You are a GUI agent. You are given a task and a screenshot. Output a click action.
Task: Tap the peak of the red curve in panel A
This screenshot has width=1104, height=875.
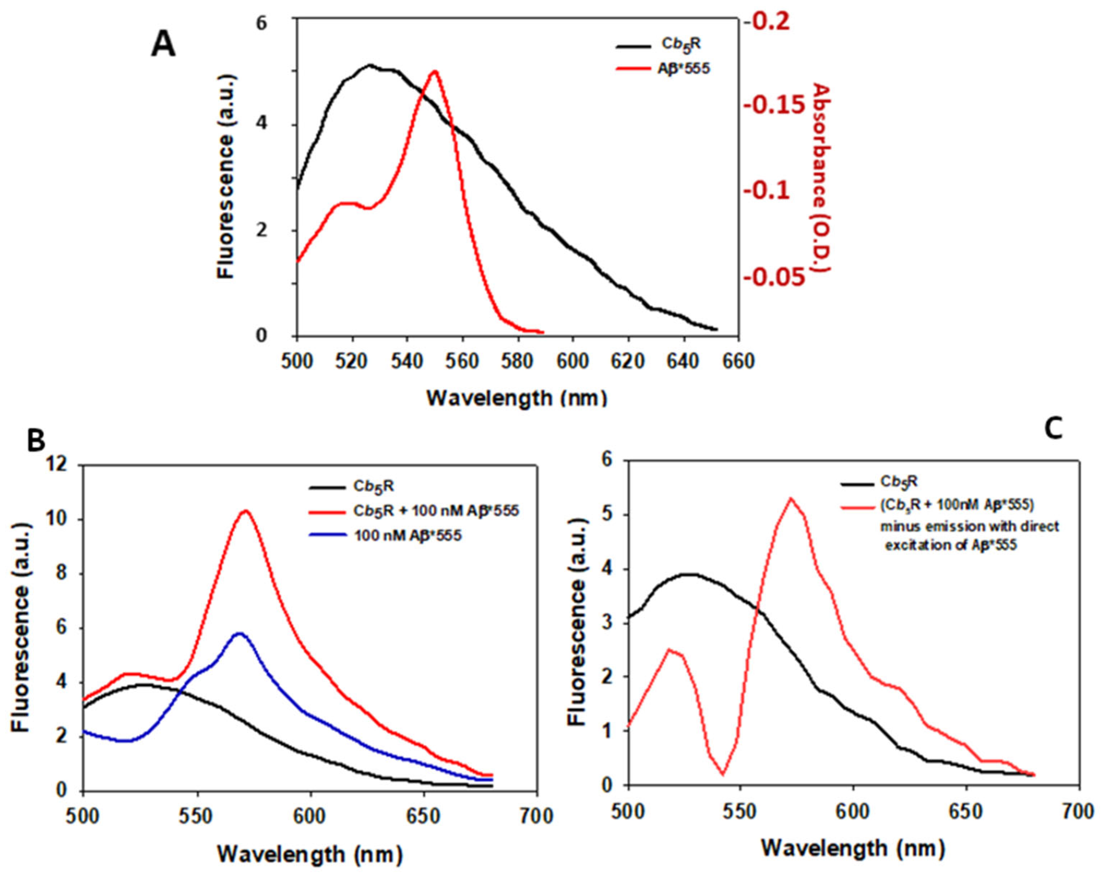435,72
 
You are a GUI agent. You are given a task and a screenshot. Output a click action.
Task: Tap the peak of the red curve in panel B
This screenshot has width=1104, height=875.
246,511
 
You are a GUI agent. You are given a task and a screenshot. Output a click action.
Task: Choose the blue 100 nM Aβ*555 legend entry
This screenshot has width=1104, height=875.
407,536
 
